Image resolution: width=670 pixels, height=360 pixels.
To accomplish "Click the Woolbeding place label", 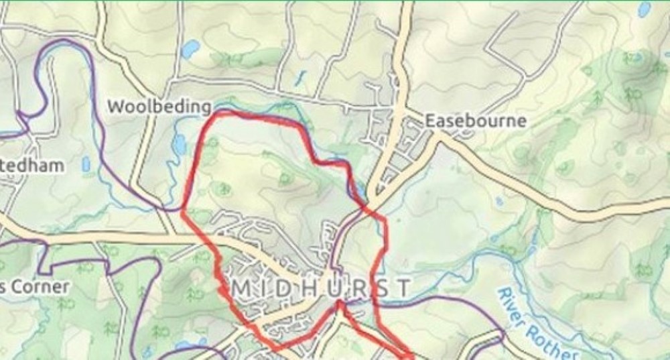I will pyautogui.click(x=159, y=106).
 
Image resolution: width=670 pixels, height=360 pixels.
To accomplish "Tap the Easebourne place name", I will pyautogui.click(x=476, y=121).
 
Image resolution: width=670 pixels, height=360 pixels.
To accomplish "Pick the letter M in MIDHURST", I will pyautogui.click(x=240, y=288).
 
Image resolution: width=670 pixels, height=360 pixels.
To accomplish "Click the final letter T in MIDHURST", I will pyautogui.click(x=404, y=288).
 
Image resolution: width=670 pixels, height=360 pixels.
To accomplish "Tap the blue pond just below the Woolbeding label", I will pyautogui.click(x=178, y=143).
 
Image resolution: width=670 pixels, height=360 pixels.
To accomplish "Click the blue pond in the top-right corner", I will pyautogui.click(x=644, y=9).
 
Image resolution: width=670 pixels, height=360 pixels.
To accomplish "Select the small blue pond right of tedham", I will pyautogui.click(x=86, y=164).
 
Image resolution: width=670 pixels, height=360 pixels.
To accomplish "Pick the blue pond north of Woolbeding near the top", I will pyautogui.click(x=190, y=48).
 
